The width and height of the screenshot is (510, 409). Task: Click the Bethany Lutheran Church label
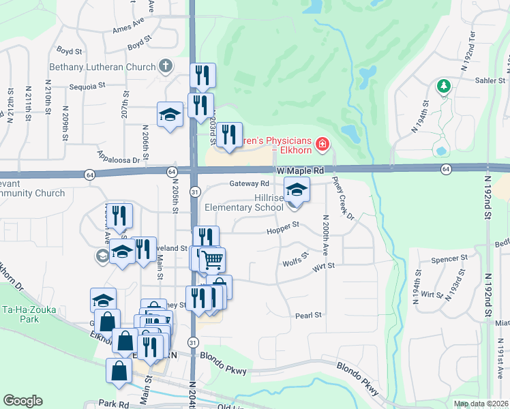(x=102, y=67)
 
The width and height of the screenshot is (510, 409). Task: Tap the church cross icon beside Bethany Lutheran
(x=164, y=66)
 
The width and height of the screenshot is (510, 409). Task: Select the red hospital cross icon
(x=321, y=145)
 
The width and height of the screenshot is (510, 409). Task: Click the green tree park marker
(x=444, y=86)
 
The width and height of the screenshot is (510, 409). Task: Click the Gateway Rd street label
(x=250, y=184)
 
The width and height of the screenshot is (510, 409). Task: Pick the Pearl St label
(x=308, y=315)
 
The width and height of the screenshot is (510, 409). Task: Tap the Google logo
(x=22, y=400)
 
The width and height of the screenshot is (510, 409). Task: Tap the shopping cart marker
(x=212, y=259)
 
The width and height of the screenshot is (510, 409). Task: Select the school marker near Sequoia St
(x=170, y=115)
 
